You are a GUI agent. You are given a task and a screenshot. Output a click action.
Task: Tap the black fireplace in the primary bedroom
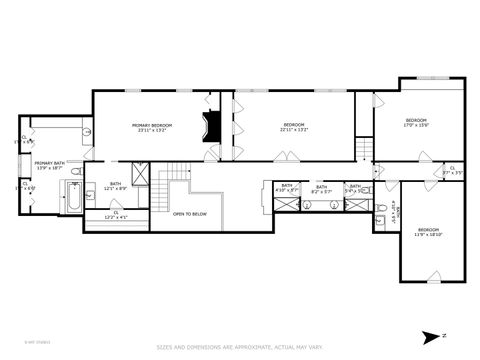click(210, 128)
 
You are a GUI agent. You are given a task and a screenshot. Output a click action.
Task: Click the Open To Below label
click(190, 213)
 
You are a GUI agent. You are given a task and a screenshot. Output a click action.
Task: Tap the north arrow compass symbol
click(432, 336)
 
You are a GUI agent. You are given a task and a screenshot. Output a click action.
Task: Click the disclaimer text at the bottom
click(239, 347)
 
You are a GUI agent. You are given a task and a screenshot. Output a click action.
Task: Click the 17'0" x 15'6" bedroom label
click(416, 123)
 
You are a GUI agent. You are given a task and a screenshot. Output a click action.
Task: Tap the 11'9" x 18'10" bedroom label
click(428, 232)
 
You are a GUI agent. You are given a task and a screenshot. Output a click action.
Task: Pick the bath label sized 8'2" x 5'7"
click(321, 188)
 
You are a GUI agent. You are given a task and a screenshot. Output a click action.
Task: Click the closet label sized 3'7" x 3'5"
click(452, 170)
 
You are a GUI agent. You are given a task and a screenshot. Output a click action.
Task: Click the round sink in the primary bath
click(87, 131)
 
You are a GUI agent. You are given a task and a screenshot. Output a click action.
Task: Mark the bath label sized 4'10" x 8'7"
click(287, 188)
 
